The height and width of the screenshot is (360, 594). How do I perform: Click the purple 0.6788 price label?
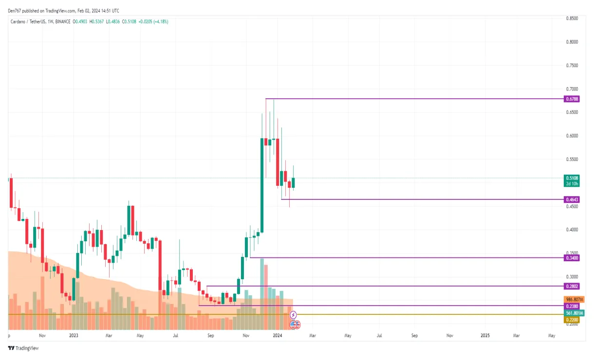tap(572, 99)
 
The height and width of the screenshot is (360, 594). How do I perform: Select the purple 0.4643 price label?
tap(572, 199)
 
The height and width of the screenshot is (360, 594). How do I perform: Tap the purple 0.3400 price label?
tap(572, 257)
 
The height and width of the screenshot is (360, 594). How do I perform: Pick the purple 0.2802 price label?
tap(572, 286)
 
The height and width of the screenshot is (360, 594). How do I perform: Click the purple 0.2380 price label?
tap(572, 306)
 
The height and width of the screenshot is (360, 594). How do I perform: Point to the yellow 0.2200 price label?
tap(572, 320)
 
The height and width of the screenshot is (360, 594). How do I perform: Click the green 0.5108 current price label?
tap(572, 178)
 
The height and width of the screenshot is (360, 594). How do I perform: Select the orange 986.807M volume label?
tap(574, 299)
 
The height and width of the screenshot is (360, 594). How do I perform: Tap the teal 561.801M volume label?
tap(574, 313)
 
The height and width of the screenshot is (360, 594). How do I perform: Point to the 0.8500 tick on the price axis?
tap(572, 18)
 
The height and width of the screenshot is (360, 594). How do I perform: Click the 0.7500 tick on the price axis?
tap(572, 66)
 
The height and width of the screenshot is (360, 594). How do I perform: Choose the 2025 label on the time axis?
tap(485, 335)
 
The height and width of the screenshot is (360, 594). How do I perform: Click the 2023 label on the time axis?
tap(74, 335)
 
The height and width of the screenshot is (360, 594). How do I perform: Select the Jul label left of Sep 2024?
tap(379, 335)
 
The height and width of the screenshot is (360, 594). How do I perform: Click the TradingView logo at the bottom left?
tap(23, 348)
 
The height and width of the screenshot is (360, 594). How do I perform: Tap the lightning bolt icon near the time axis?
tap(293, 315)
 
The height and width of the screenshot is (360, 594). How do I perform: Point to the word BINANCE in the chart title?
tap(62, 21)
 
